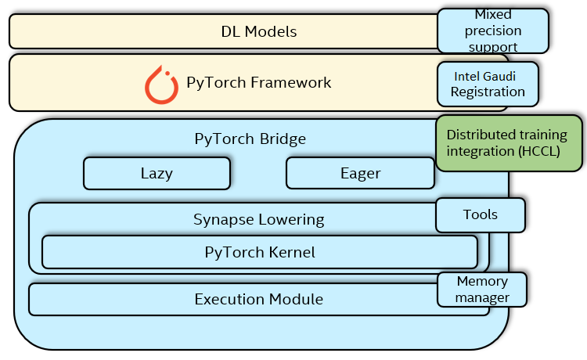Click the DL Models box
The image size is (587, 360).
coord(224,31)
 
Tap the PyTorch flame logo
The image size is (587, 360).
coord(161,85)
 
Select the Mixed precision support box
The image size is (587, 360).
coord(493,31)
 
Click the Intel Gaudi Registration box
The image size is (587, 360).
coord(488,85)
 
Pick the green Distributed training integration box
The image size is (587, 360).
coord(510,143)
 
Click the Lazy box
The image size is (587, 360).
coord(157,173)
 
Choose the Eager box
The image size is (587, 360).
coord(360,173)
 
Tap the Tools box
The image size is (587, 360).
coord(481,214)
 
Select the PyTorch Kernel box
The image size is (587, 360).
coord(260,252)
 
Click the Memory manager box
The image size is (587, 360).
coord(482,290)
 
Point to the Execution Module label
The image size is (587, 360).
coord(259,300)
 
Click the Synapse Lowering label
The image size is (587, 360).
coord(259,220)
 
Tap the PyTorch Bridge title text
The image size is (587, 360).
coord(250,139)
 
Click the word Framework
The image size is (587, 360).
coord(291,82)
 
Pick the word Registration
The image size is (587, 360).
coord(488,92)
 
